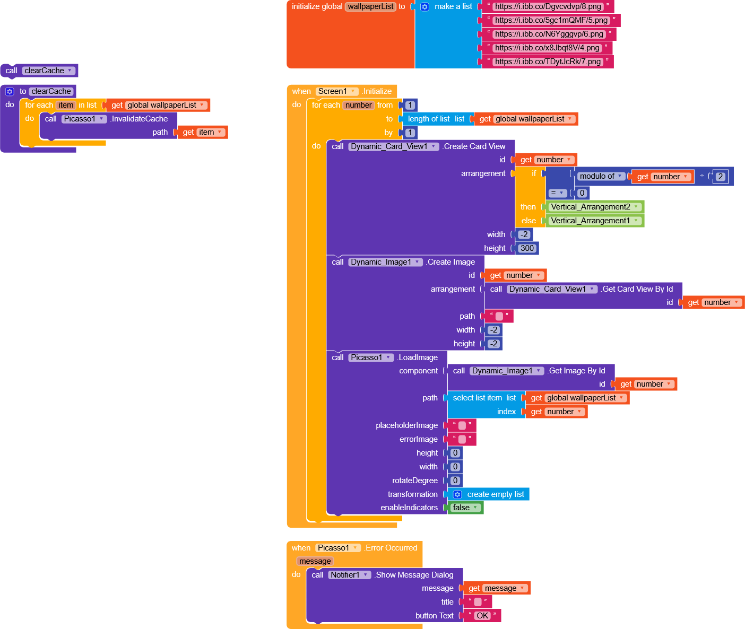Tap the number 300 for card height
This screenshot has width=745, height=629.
coord(527,248)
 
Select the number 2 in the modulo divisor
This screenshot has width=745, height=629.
coord(720,177)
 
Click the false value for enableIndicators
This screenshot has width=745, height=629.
coord(465,508)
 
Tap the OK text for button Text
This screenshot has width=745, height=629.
coord(482,616)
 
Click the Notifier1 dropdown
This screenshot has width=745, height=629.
coord(349,575)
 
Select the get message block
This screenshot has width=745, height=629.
coord(497,588)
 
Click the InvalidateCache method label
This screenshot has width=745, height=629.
coord(140,119)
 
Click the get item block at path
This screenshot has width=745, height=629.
coord(202,133)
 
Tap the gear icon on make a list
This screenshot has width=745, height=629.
coord(425,7)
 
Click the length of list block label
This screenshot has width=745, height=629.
coord(429,119)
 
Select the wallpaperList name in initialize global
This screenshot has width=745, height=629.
coord(371,7)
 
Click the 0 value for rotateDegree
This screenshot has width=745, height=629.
coord(455,481)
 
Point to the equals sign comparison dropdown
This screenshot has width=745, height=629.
coord(557,193)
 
